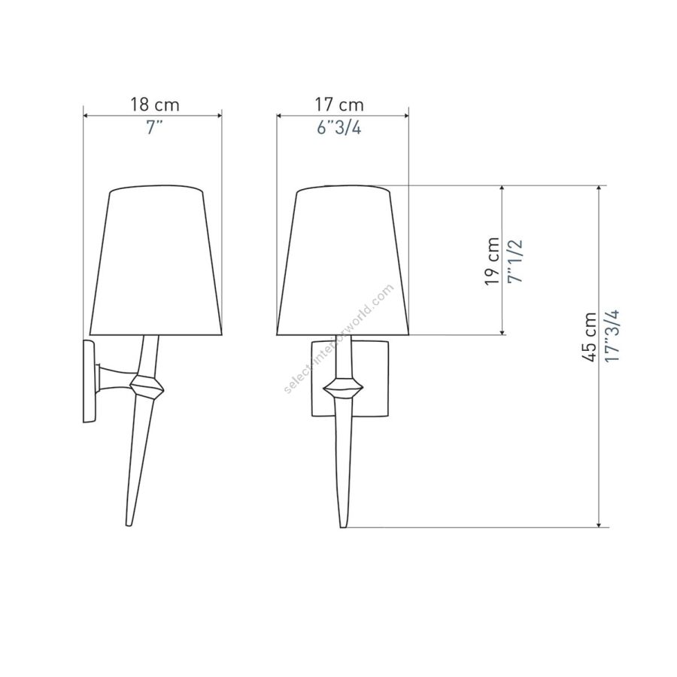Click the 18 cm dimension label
tap(154, 105)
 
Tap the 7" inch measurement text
tap(154, 127)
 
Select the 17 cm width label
tap(339, 105)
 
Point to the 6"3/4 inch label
tap(339, 127)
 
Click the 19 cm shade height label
tap(492, 261)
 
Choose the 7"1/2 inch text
tap(515, 261)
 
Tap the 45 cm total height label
tap(589, 337)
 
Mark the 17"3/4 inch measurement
tap(612, 336)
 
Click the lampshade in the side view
tap(156, 261)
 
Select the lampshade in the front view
tap(343, 261)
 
